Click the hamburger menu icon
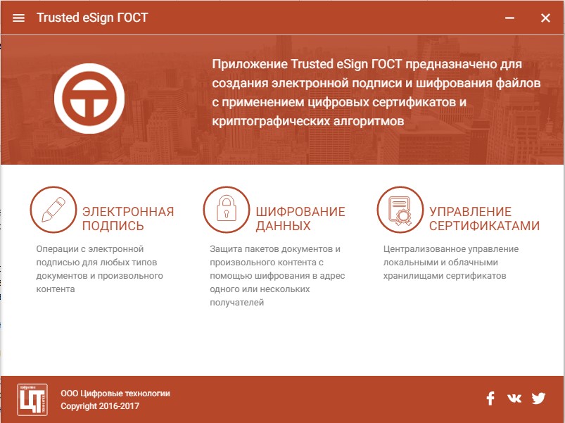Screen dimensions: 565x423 19,18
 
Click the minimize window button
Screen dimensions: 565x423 509,18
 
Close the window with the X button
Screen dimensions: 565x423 545,18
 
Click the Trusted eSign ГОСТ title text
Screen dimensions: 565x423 92,18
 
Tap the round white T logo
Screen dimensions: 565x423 89,99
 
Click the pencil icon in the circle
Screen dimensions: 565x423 53,210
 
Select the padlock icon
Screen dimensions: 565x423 227,210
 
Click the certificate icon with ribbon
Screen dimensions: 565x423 400,210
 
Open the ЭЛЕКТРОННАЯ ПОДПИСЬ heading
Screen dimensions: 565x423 128,218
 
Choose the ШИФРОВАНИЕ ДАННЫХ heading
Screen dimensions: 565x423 300,218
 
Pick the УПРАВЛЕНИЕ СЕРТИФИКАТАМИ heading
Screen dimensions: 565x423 484,218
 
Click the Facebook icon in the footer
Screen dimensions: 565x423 490,398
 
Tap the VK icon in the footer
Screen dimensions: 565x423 514,398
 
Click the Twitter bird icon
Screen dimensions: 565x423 538,398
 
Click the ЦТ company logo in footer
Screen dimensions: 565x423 32,400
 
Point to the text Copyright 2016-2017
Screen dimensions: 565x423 100,406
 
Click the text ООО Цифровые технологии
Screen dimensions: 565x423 115,393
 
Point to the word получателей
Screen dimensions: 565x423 236,303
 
